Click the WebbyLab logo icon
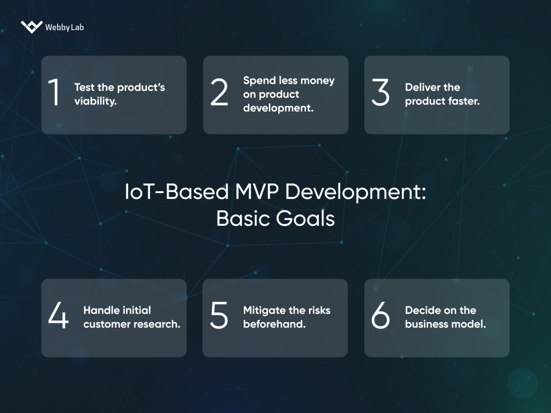[x=32, y=26]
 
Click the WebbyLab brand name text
[x=64, y=27]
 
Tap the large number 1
[x=55, y=93]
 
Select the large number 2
[x=219, y=93]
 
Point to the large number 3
[x=380, y=93]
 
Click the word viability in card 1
[x=95, y=101]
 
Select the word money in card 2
[x=317, y=81]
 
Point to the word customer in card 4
[x=106, y=324]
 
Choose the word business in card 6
[x=426, y=324]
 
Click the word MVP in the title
[x=257, y=192]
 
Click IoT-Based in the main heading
[x=177, y=192]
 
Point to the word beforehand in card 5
[x=274, y=324]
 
